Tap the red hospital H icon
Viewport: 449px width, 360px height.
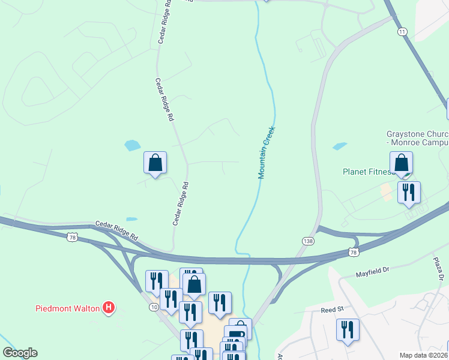(109, 308)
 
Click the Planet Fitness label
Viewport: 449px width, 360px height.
(367, 172)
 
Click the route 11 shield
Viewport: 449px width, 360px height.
(402, 31)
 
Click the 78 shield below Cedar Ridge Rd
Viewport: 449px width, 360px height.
(71, 238)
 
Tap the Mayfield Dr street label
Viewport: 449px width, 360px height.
(372, 271)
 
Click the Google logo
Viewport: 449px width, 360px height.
(20, 353)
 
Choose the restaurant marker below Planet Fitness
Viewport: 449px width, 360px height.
(409, 193)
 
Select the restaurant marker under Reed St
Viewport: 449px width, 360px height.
(348, 331)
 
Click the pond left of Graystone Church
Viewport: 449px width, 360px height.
(339, 146)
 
